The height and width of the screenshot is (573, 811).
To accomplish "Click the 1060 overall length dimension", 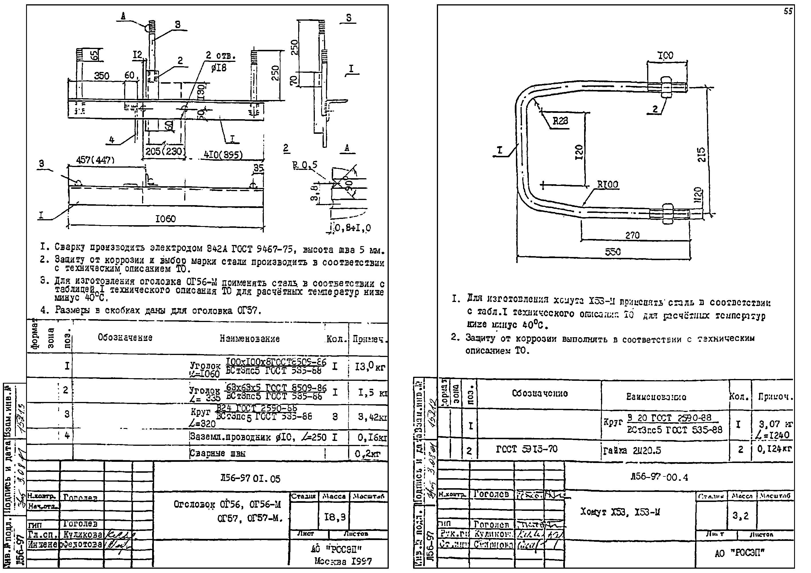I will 165,219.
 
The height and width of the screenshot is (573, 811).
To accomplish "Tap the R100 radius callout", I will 608,185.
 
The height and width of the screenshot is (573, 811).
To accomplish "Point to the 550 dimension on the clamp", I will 612,252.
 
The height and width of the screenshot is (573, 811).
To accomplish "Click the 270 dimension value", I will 632,235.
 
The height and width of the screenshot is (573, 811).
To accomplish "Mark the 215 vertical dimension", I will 702,154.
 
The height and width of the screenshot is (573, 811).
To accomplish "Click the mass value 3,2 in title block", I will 740,516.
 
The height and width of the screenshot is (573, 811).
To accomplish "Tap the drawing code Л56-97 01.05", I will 250,479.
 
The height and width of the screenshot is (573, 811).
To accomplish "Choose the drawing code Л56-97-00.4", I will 659,478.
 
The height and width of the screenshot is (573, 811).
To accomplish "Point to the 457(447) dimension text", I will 95,160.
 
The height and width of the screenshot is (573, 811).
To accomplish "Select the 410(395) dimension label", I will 223,155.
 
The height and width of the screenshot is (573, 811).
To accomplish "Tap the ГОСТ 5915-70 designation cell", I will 527,449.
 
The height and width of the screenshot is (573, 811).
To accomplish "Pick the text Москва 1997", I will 343,561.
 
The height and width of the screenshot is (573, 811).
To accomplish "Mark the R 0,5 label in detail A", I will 305,165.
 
